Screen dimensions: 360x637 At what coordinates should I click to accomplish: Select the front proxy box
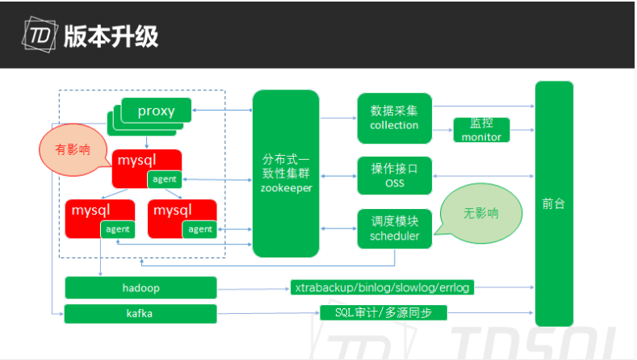[x=157, y=111]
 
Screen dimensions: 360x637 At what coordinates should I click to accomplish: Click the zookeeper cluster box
[x=286, y=174]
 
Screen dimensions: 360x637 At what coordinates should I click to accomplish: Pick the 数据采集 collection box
[x=394, y=117]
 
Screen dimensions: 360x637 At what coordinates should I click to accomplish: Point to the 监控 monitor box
[x=481, y=130]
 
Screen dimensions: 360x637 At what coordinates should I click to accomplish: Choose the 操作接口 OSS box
[x=394, y=176]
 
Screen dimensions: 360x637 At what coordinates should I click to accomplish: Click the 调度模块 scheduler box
[x=394, y=228]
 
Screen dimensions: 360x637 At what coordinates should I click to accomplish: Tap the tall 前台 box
[x=554, y=203]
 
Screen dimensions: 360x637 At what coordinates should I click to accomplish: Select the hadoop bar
[x=140, y=287]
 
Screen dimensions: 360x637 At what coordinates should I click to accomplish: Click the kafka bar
[x=140, y=313]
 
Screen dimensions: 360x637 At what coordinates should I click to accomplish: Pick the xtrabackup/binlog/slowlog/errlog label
[x=383, y=287]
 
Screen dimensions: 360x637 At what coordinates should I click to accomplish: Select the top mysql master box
[x=136, y=161]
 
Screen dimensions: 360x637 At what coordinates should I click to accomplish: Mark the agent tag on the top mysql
[x=164, y=179]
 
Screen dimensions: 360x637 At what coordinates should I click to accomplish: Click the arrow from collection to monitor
[x=442, y=130]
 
